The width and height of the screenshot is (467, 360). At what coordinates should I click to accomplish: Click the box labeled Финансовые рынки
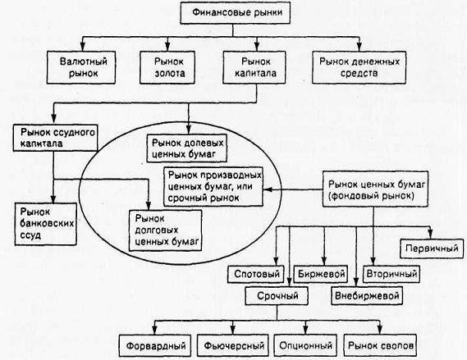tap(235, 13)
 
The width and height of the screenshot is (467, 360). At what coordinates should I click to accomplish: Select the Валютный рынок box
tap(81, 67)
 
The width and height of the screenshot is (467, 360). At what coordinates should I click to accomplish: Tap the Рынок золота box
tap(167, 67)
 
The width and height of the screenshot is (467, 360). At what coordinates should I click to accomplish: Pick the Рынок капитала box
tap(254, 67)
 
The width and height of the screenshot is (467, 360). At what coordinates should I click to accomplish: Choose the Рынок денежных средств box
tap(359, 67)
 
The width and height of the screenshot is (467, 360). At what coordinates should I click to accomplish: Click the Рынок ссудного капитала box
tap(55, 138)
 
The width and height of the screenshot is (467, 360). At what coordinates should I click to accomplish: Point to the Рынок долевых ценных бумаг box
tap(187, 148)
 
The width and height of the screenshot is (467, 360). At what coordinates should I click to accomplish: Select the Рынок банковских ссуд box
tap(46, 224)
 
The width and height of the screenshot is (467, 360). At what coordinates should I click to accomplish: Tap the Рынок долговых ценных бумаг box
tap(165, 230)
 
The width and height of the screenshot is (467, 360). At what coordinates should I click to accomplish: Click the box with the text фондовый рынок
tap(375, 189)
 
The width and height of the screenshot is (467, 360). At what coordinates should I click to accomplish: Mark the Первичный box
tap(432, 248)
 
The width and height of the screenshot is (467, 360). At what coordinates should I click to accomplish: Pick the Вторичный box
tap(391, 274)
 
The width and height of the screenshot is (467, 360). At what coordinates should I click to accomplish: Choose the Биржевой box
tap(321, 274)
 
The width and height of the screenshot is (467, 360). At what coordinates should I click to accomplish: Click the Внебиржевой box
tap(367, 296)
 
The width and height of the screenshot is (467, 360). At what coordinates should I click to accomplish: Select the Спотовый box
tap(256, 274)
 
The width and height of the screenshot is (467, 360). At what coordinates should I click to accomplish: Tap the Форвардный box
tap(155, 345)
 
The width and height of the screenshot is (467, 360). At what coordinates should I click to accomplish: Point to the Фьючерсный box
tap(233, 345)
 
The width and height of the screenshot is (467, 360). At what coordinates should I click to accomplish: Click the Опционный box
tap(305, 345)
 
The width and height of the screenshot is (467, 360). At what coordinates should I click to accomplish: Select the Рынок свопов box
tap(380, 345)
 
